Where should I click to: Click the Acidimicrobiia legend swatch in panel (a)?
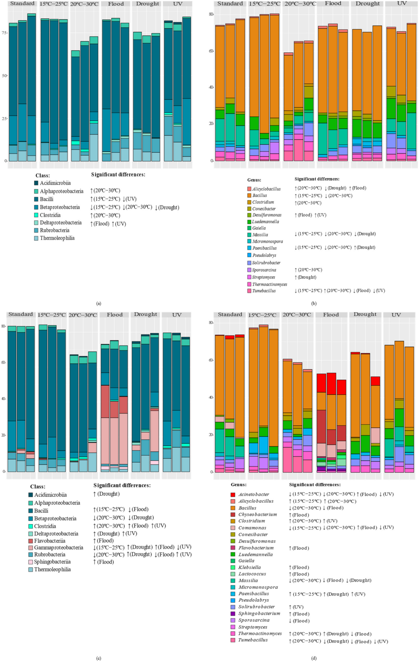[x=36, y=183]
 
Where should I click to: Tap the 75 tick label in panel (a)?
[x=4, y=33]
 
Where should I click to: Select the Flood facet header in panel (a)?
[x=116, y=4]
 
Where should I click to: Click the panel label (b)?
[x=314, y=303]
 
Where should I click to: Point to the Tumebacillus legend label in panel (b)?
[x=264, y=291]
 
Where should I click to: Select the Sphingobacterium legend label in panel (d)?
[x=259, y=613]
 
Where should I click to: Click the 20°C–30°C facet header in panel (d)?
[x=297, y=314]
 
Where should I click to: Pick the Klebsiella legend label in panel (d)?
[x=250, y=567]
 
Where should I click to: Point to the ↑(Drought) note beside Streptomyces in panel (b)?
[x=305, y=277]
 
